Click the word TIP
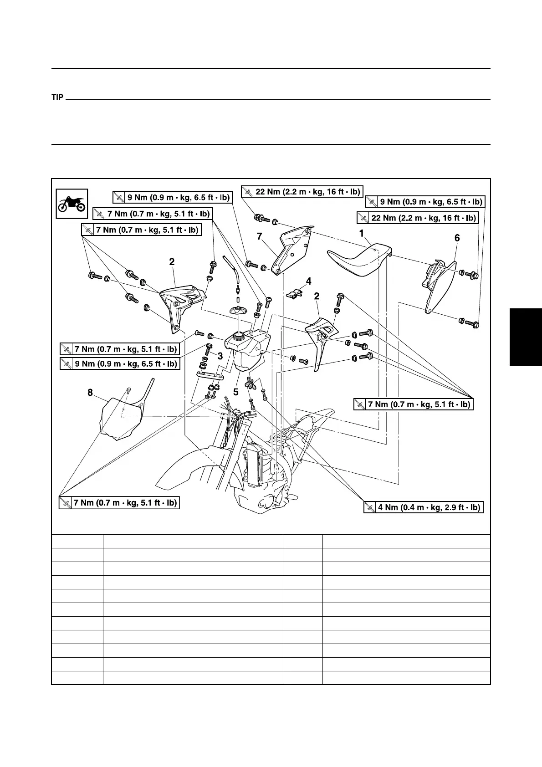pos(57,97)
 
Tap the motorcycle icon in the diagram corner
pos(72,204)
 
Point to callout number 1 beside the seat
pos(362,234)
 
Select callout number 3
pos(220,356)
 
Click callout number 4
pos(309,281)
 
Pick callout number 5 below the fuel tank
pos(235,392)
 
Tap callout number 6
pos(457,238)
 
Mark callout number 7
pos(259,236)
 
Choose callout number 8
pos(90,392)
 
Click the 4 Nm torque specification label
pos(423,507)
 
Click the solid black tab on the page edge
pos(526,337)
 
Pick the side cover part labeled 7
pos(291,251)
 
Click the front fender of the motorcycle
pos(187,469)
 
